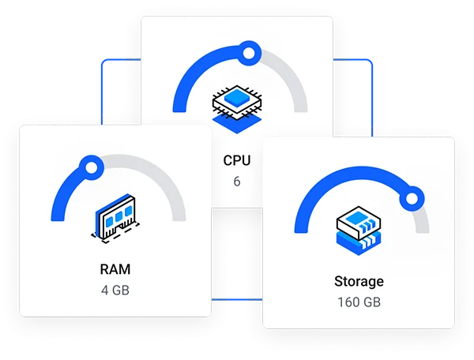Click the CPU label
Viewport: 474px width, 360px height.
(x=237, y=160)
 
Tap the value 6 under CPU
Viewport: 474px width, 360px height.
(x=237, y=182)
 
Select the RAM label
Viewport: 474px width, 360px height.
(x=115, y=269)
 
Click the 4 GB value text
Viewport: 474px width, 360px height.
(x=115, y=290)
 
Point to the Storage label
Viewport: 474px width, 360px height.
(x=359, y=281)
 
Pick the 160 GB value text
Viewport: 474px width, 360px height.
(x=359, y=302)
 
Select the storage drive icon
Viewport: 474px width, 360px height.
(x=359, y=230)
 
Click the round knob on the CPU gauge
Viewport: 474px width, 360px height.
(x=249, y=54)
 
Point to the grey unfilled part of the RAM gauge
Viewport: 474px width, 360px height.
(x=158, y=177)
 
